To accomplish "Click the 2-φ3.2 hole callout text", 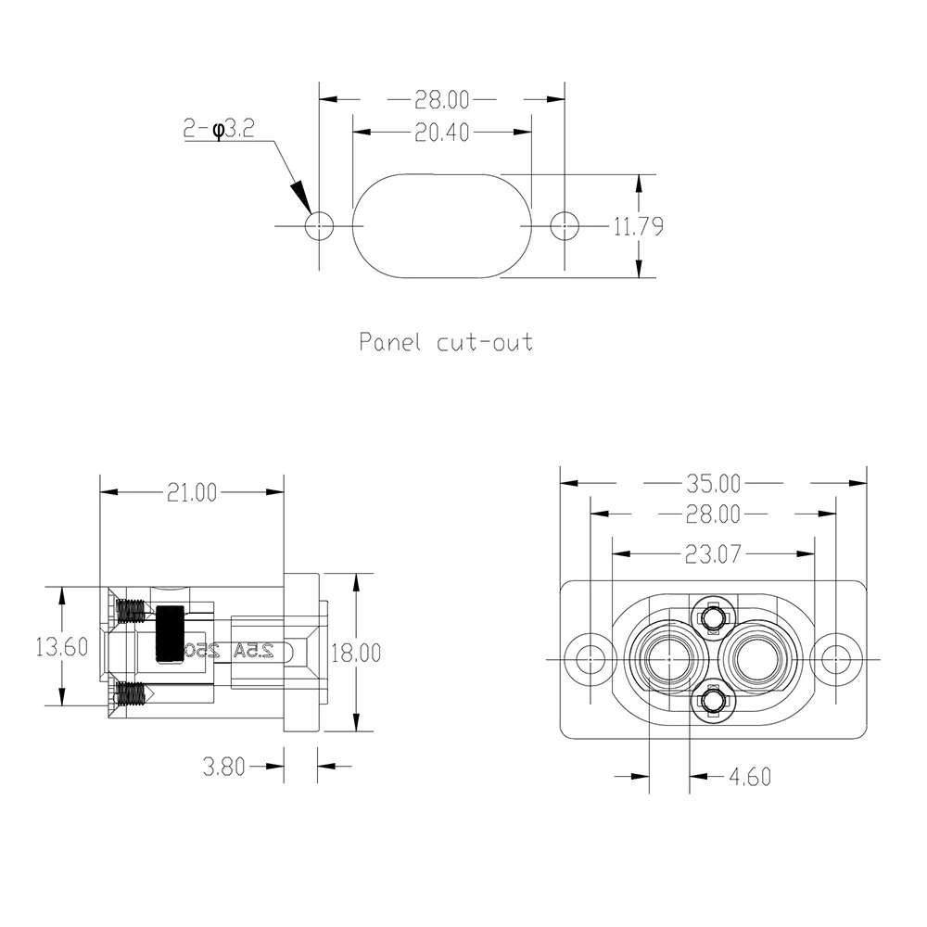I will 219,130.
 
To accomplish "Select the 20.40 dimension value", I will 442,133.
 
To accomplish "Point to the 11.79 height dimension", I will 638,226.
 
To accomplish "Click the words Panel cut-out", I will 446,342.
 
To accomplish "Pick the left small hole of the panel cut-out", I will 320,225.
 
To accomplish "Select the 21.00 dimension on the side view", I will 191,493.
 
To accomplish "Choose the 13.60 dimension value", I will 61,646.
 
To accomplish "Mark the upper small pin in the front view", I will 712,617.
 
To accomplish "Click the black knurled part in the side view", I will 170,634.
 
